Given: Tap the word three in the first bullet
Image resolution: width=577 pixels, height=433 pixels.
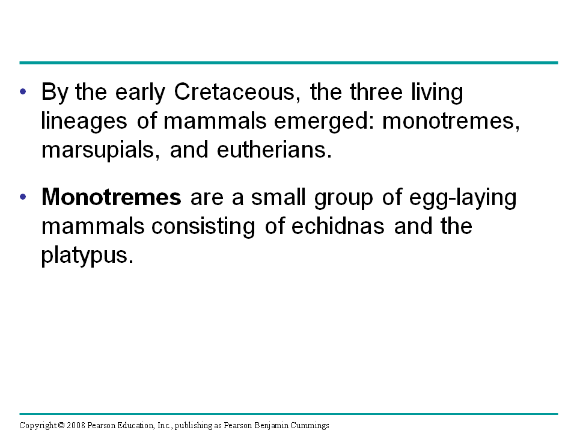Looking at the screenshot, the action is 376,91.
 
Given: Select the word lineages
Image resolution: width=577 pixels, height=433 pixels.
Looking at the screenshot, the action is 84,121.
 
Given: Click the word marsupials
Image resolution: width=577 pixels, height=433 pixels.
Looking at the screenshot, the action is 101,150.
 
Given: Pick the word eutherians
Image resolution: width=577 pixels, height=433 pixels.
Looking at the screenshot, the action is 274,150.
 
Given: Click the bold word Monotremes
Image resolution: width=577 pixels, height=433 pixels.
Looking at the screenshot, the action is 111,197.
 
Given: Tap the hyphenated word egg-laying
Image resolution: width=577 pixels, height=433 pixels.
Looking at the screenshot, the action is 463,198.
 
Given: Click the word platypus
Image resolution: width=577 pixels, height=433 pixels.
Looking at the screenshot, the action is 87,256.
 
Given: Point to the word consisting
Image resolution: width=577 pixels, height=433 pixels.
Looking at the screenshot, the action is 203,227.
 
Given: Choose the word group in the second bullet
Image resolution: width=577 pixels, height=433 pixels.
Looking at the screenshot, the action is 344,198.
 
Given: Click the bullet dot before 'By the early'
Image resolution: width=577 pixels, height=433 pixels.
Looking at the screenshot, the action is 23,91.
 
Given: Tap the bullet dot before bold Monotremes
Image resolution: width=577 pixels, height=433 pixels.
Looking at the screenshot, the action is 23,197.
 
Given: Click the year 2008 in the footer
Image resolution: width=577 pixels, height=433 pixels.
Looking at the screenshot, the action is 76,425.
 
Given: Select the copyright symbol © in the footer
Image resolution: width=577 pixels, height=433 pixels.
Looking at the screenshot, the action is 61,425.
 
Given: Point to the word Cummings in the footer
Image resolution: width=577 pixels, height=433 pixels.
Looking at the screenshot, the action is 310,426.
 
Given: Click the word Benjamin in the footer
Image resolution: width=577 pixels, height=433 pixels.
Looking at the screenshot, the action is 271,426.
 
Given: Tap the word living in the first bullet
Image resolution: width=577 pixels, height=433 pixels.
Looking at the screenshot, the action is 437,93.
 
